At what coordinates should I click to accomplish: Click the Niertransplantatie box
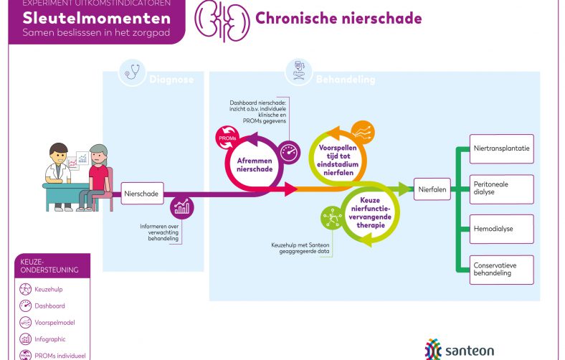point(501,148)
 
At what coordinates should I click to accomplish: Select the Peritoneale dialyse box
point(501,189)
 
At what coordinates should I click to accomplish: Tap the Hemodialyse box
point(501,229)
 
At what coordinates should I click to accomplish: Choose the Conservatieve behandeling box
point(501,269)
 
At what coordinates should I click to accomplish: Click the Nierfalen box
point(432,190)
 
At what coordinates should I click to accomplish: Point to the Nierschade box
point(142,193)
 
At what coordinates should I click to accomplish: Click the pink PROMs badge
point(225,135)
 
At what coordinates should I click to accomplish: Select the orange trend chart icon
point(362,132)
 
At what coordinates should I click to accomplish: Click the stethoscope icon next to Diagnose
point(132,72)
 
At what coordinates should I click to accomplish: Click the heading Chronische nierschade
point(338,18)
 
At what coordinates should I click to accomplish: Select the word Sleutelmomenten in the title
point(96,19)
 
